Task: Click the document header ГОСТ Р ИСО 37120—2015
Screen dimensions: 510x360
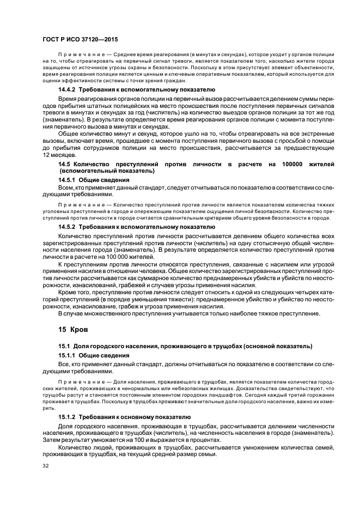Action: click(80, 40)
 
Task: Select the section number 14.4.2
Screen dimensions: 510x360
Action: click(68, 88)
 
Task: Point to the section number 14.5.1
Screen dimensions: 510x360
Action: click(68, 179)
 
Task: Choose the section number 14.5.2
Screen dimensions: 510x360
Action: click(68, 227)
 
